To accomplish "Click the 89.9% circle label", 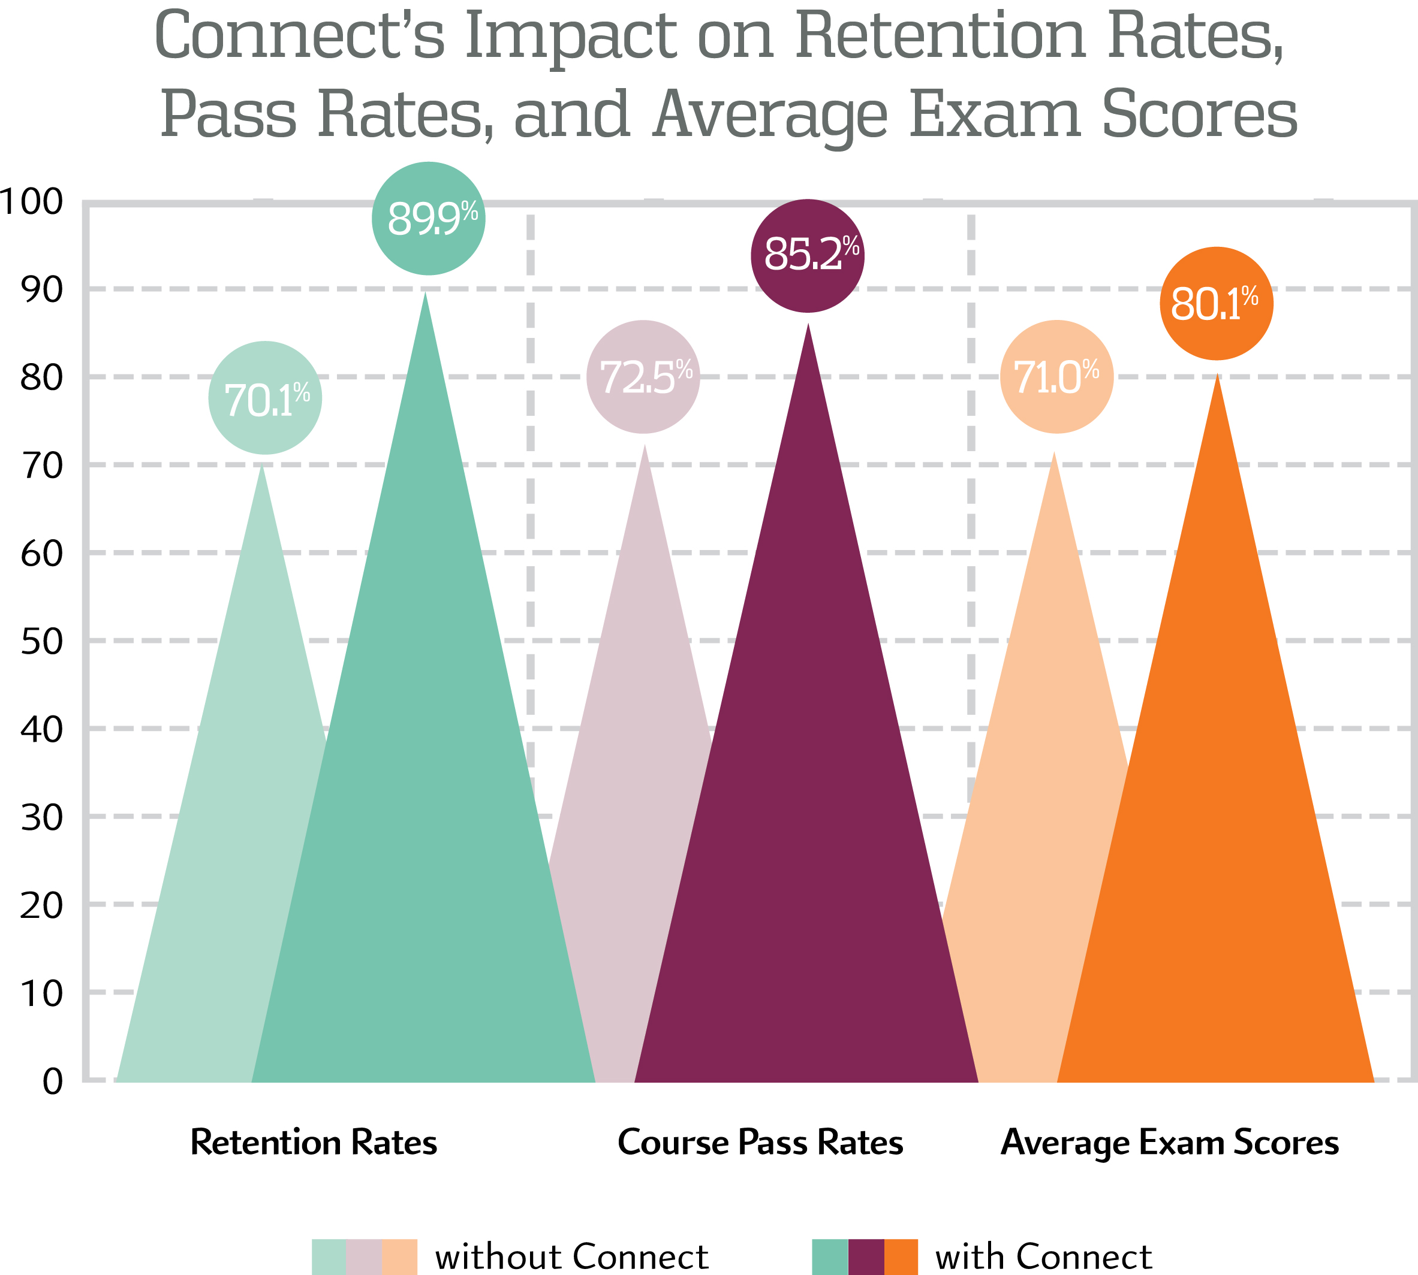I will (428, 219).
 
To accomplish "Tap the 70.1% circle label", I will (265, 398).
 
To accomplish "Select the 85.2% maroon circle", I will (808, 256).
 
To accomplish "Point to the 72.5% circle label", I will (643, 377).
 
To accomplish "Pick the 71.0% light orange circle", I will (1056, 377).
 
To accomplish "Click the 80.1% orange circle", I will (1216, 303).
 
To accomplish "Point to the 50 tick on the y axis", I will (41, 642).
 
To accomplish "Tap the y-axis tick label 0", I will (52, 1082).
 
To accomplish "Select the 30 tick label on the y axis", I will (41, 817).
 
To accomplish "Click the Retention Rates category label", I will (314, 1143).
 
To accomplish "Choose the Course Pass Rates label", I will (760, 1143).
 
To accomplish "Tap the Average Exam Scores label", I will (1169, 1143).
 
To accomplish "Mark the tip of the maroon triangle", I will (808, 327).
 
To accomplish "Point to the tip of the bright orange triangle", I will (1218, 376).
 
